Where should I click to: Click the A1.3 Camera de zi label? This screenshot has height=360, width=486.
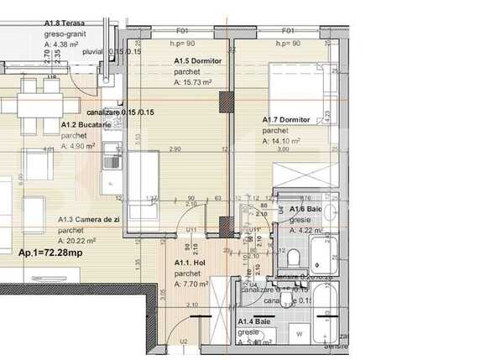coord(91,219)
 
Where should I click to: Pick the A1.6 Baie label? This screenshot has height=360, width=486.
coord(307,209)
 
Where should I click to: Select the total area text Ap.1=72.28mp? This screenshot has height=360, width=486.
coord(51,251)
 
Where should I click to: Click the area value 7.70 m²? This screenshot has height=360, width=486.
coord(196,284)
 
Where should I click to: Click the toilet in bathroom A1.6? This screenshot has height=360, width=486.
coord(292,255)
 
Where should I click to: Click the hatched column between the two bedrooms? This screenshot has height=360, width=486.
coord(225,101)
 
